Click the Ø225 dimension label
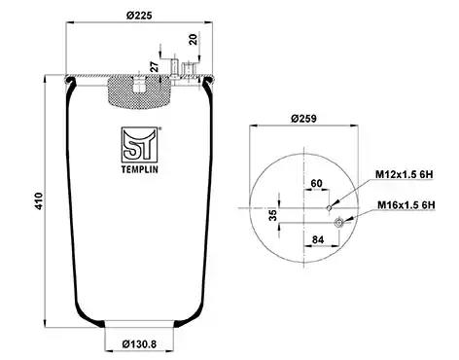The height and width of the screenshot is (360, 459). pos(139,16)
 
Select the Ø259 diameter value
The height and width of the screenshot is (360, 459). pos(303,119)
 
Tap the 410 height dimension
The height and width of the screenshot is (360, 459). pos(39,201)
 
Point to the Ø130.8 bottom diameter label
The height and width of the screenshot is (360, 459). pos(139,343)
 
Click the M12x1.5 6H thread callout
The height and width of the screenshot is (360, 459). pos(405,174)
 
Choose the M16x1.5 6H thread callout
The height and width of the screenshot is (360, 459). pos(406,205)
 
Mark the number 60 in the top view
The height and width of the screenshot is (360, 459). pos(316,184)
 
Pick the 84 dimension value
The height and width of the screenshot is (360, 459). pos(318,239)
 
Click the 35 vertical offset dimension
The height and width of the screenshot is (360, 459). pos(274,215)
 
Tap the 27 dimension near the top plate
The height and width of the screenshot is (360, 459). pos(156,66)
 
